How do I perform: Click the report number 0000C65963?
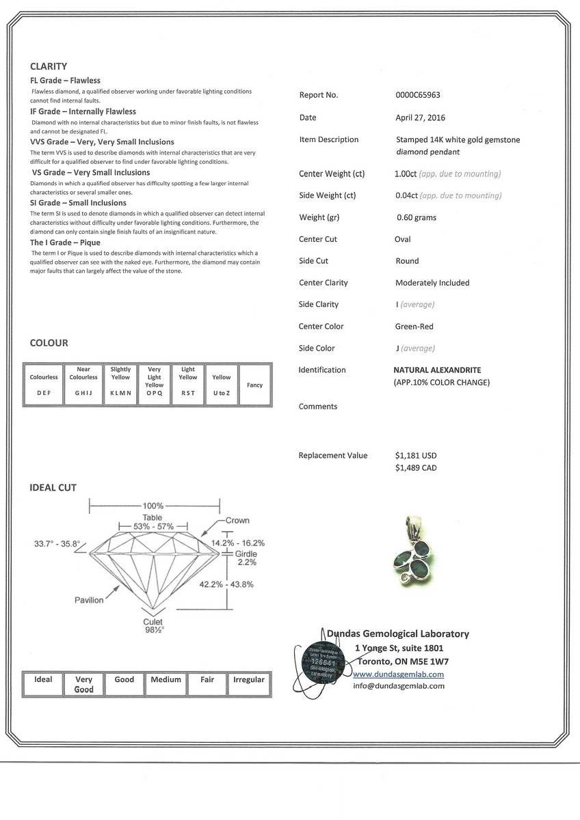coord(418,95)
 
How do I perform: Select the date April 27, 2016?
coord(420,118)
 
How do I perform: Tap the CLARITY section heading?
coord(49,66)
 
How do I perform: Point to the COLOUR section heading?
coord(49,343)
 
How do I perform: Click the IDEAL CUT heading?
coord(53,488)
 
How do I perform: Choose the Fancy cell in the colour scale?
coord(254,385)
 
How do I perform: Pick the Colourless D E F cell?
coord(44,385)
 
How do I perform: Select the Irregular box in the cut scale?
coord(249,683)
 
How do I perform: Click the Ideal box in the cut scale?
coord(43,683)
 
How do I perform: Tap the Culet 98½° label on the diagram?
coord(153,626)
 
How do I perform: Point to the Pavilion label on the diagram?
coord(89,600)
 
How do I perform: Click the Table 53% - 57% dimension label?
coord(153,523)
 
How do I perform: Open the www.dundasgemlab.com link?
coord(398,674)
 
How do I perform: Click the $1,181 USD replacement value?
coord(416,456)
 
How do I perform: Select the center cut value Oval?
coord(403,239)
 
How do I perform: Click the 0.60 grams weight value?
coord(417,217)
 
